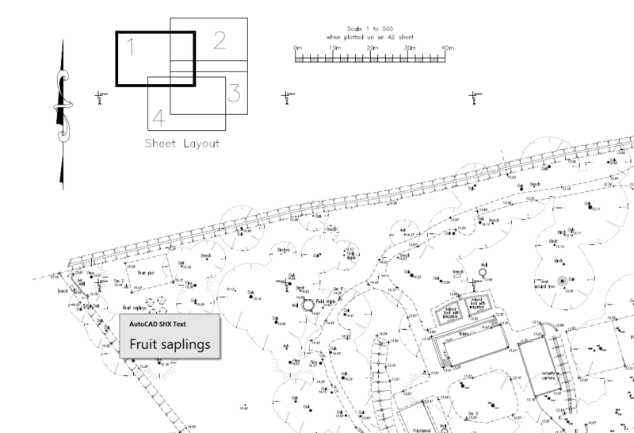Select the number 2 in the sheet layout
tap(220, 39)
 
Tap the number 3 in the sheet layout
tap(234, 94)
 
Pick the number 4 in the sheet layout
tap(158, 118)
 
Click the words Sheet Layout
tap(181, 144)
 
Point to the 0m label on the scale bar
tap(297, 48)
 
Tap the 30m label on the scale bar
tap(410, 48)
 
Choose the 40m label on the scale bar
tap(448, 48)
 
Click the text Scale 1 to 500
tap(371, 28)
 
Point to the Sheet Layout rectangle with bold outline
tap(153, 58)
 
